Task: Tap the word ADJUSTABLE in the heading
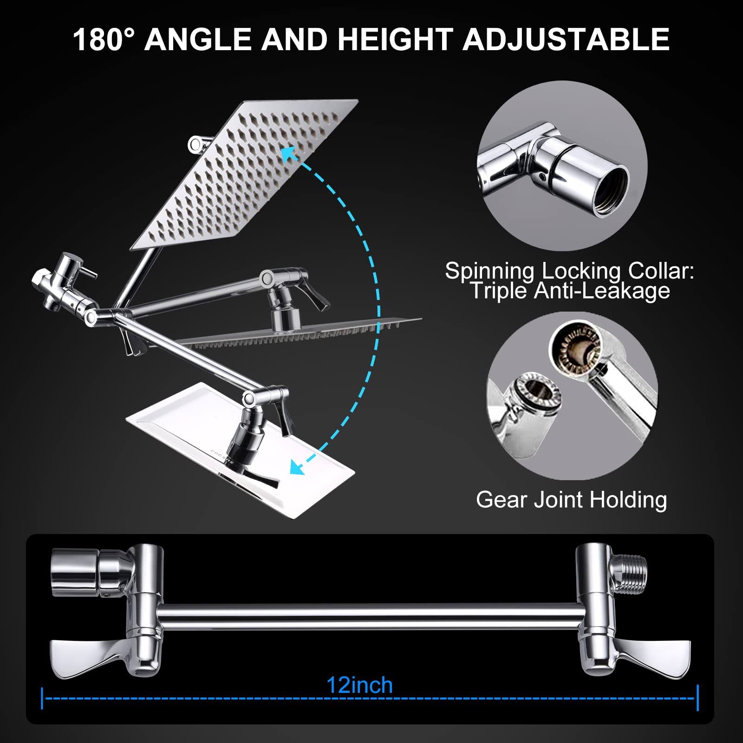pos(566,39)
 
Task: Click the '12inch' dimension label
pos(360,685)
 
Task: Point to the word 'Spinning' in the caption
pos(489,270)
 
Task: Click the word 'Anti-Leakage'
pos(602,291)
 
